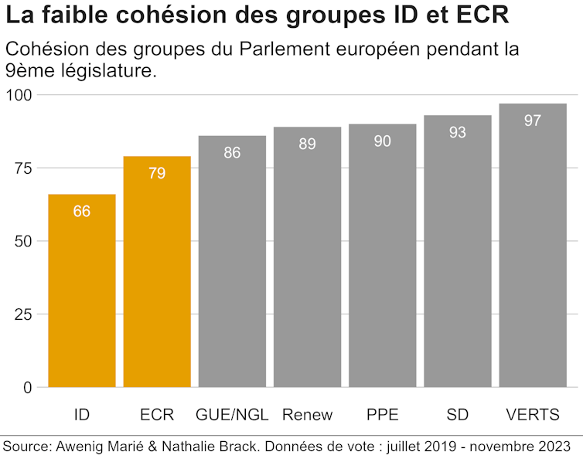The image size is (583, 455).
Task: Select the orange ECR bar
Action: (x=157, y=278)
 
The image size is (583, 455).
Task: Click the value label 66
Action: (x=82, y=211)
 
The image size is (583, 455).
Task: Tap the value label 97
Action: (x=533, y=121)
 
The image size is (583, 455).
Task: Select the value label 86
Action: (x=232, y=153)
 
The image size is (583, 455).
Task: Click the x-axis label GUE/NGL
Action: (x=232, y=415)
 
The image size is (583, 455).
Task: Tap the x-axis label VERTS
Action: (x=533, y=415)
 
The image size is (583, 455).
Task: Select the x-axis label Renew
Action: (x=307, y=415)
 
